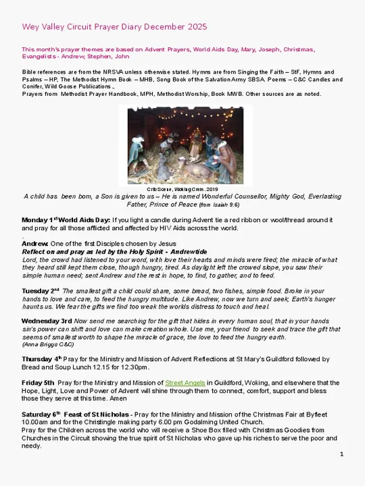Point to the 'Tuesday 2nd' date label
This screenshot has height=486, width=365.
coord(43,291)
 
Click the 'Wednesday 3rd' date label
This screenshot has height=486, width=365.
coord(47,321)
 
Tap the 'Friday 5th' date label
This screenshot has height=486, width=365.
coord(38,383)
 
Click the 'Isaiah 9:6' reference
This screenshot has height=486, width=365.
coord(225,205)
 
